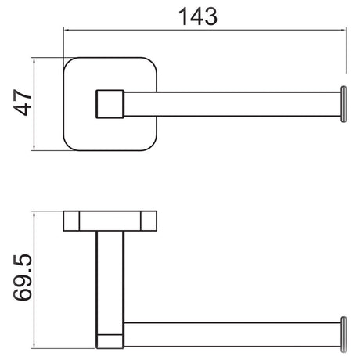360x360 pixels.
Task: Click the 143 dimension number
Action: click(x=198, y=16)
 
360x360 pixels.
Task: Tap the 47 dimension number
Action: click(x=23, y=103)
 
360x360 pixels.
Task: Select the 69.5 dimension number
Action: click(x=23, y=277)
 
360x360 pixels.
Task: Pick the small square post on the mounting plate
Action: click(x=110, y=104)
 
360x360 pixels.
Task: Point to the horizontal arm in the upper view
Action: click(x=232, y=104)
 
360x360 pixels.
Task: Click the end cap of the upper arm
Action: click(x=344, y=104)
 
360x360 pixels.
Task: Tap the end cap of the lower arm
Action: click(x=344, y=335)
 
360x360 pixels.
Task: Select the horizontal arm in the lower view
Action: click(x=232, y=335)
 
